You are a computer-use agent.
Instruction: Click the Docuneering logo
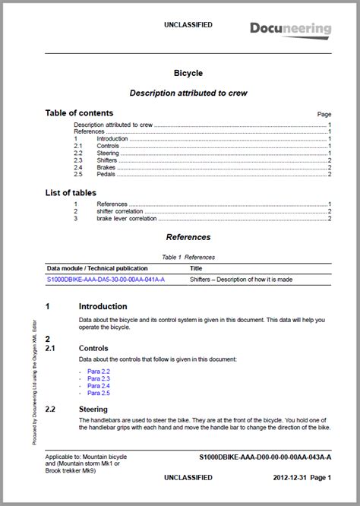tap(291, 30)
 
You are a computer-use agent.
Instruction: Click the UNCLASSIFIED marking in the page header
tap(188, 25)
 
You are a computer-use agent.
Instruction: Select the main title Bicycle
tap(188, 74)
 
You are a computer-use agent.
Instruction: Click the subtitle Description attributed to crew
tap(188, 93)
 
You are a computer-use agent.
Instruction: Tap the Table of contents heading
tap(79, 113)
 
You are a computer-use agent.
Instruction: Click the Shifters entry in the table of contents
tap(109, 153)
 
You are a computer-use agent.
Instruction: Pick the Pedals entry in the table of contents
tap(106, 174)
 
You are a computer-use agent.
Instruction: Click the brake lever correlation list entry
tap(127, 219)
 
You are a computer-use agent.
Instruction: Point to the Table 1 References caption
tap(188, 258)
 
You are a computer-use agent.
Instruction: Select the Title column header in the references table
tap(196, 268)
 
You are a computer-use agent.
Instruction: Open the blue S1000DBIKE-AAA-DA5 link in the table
tap(106, 280)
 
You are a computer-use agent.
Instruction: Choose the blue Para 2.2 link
tap(99, 371)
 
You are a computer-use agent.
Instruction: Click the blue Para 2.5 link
tap(99, 393)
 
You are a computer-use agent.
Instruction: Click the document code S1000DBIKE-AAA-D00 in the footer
tap(265, 458)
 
